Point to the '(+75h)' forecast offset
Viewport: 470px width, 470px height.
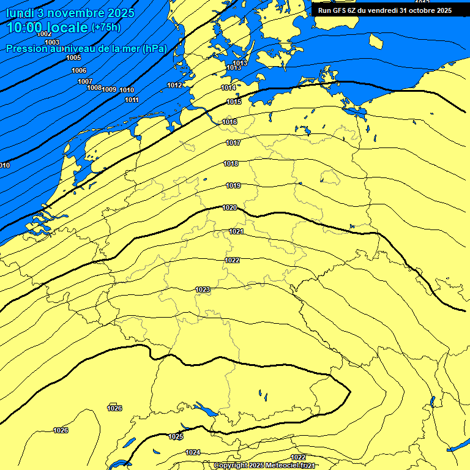pyautogui.click(x=106, y=28)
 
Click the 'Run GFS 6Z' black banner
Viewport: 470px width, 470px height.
pyautogui.click(x=384, y=10)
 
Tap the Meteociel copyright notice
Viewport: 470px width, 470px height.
pyautogui.click(x=264, y=466)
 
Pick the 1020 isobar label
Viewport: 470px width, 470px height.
pyautogui.click(x=229, y=207)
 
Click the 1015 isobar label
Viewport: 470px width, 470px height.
pyautogui.click(x=234, y=102)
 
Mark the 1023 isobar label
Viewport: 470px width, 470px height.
pyautogui.click(x=203, y=289)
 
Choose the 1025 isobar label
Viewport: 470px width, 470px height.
pyautogui.click(x=176, y=436)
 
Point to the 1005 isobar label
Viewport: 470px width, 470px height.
pyautogui.click(x=73, y=58)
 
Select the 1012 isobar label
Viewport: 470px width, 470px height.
pyautogui.click(x=174, y=85)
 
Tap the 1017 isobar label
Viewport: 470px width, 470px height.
pyautogui.click(x=233, y=143)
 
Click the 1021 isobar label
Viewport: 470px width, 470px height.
pyautogui.click(x=236, y=231)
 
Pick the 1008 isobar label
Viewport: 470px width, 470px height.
pyautogui.click(x=94, y=88)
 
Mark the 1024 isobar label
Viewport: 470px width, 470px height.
pyautogui.click(x=193, y=452)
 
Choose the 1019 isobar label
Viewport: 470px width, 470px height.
pyautogui.click(x=233, y=185)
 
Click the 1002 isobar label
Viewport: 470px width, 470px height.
pyautogui.click(x=45, y=34)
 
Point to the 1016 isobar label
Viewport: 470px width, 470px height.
pyautogui.click(x=229, y=122)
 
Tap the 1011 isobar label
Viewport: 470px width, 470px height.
pyautogui.click(x=132, y=100)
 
